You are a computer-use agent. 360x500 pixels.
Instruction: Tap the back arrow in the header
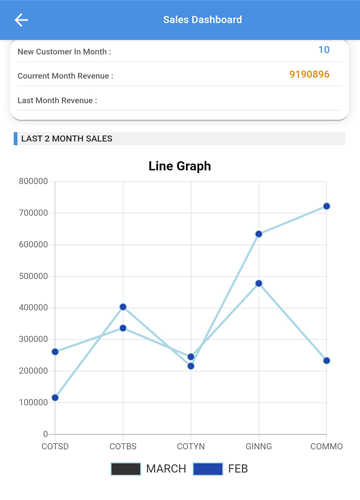click(x=21, y=20)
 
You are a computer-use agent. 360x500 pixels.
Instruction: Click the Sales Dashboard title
click(x=202, y=20)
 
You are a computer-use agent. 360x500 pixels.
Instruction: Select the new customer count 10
click(x=324, y=50)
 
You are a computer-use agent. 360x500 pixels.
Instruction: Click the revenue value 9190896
click(x=309, y=74)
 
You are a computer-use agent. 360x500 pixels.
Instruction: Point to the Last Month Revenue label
click(x=57, y=100)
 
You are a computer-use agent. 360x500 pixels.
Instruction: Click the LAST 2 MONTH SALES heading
click(x=67, y=139)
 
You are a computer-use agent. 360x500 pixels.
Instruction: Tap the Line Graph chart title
click(x=180, y=166)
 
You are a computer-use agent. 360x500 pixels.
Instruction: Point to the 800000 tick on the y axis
click(x=33, y=181)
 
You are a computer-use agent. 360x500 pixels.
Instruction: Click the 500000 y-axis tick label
click(x=33, y=276)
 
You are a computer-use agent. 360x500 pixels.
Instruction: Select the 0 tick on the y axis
click(x=46, y=434)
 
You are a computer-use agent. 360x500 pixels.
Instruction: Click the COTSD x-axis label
click(x=55, y=446)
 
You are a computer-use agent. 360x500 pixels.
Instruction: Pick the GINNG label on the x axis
click(x=259, y=446)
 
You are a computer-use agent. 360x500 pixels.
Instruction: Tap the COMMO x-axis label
click(x=327, y=446)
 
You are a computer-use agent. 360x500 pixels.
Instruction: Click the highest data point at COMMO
click(x=327, y=206)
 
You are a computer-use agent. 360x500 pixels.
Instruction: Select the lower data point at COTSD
click(x=55, y=398)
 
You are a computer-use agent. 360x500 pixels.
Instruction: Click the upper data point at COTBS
click(x=123, y=307)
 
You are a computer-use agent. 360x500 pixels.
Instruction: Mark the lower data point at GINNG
click(x=259, y=283)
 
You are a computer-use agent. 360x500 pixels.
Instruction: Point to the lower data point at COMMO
click(x=327, y=361)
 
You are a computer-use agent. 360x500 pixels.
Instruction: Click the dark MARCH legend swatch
click(x=126, y=469)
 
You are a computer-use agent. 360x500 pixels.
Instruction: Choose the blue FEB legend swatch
click(x=208, y=469)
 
